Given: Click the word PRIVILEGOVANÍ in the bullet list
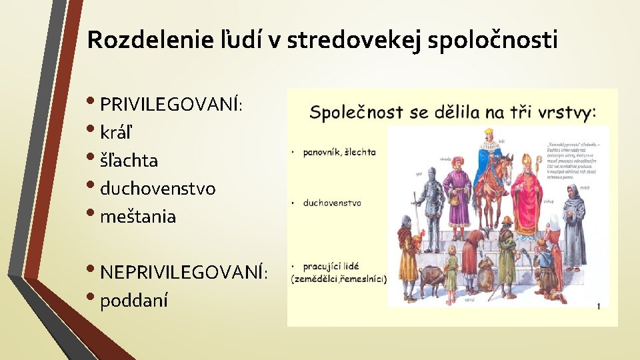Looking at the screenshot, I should (x=169, y=105).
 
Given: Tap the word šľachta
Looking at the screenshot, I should (x=129, y=161).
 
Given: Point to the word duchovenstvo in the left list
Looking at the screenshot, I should (x=157, y=189).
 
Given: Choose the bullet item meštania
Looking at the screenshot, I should (x=138, y=217).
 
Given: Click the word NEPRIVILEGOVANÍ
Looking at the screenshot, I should (x=182, y=271).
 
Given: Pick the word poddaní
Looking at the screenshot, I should (x=133, y=301).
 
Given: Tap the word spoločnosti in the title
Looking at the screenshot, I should (x=492, y=41).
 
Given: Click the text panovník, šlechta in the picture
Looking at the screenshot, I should (x=339, y=152).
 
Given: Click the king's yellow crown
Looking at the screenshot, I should (x=488, y=132).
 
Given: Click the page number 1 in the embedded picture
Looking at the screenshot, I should (x=598, y=306).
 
